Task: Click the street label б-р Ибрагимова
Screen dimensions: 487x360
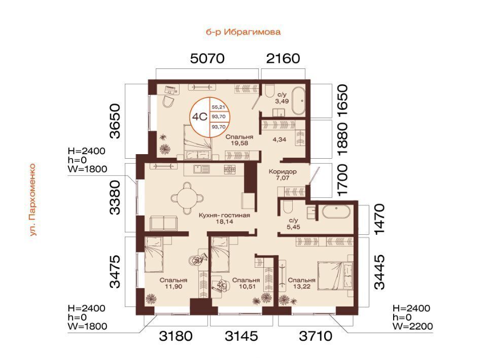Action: tap(243, 32)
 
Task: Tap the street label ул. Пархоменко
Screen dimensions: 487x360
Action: tap(33, 200)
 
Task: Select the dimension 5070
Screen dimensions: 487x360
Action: tap(207, 58)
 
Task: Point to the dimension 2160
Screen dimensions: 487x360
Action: tap(283, 58)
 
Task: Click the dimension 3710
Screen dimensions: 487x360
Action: tap(316, 336)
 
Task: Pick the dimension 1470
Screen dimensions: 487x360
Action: tap(379, 220)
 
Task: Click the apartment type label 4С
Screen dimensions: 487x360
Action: tap(199, 117)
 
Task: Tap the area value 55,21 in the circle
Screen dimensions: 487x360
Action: tap(218, 107)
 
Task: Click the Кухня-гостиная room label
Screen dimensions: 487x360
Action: tap(224, 215)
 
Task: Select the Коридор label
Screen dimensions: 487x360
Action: tap(283, 171)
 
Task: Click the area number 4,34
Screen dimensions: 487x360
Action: tap(279, 139)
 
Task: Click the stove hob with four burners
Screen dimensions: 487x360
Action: tap(229, 169)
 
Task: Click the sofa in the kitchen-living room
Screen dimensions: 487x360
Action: tap(164, 223)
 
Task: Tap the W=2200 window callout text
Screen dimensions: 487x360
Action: tap(412, 326)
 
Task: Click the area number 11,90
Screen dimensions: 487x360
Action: tap(174, 286)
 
